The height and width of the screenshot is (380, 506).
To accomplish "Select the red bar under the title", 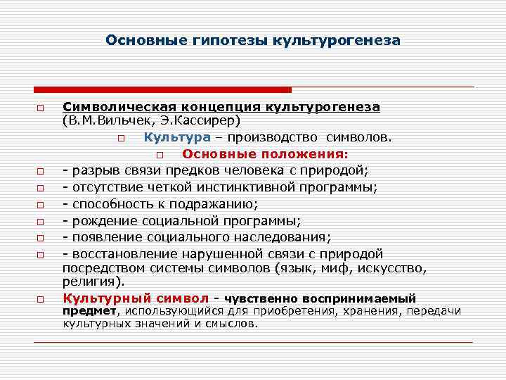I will pyautogui.click(x=162, y=90).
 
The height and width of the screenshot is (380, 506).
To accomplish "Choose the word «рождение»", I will pyautogui.click(x=98, y=221).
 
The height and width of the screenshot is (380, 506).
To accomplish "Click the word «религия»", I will pyautogui.click(x=91, y=281).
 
